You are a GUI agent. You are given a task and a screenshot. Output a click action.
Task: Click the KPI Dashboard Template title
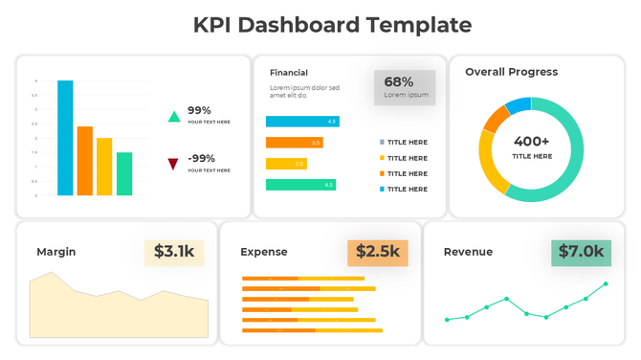click(x=320, y=25)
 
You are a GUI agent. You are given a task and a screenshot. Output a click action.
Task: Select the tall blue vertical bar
click(x=65, y=138)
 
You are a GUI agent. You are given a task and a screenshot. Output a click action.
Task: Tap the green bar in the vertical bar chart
click(x=124, y=173)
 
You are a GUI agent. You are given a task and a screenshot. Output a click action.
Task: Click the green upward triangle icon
click(x=173, y=117)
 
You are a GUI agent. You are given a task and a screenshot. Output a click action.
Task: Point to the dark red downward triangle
click(x=173, y=164)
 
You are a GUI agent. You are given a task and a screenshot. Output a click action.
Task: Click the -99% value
click(x=201, y=158)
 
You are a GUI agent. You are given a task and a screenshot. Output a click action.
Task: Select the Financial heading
click(x=289, y=73)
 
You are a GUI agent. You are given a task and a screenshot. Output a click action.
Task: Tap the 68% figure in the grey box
click(x=399, y=82)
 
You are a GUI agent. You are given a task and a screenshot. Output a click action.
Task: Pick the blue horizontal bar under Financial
click(x=301, y=122)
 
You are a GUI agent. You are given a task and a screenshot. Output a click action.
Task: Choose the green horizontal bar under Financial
click(x=300, y=185)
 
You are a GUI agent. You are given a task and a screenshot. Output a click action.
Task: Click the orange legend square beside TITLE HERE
click(x=382, y=173)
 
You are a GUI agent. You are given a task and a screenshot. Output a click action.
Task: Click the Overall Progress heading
click(x=511, y=72)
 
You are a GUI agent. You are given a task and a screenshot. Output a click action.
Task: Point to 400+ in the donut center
click(x=531, y=141)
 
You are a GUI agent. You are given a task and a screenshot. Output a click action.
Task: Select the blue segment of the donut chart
click(x=518, y=105)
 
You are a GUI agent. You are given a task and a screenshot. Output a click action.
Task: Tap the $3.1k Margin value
click(x=174, y=252)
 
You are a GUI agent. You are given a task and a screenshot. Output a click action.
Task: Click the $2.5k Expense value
click(x=378, y=252)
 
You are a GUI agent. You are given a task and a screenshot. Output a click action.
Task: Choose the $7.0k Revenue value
click(x=582, y=252)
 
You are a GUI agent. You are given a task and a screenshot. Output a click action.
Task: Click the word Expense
click(x=263, y=252)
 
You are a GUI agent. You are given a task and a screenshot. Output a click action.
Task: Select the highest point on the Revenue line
click(x=605, y=283)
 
